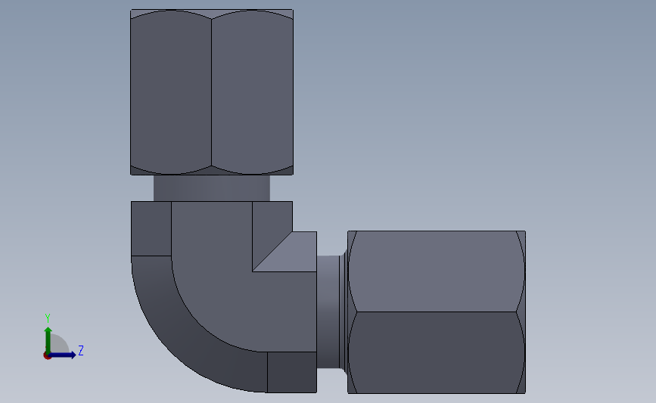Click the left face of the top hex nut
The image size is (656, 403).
pos(171,91)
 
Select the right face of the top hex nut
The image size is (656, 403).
pos(252,91)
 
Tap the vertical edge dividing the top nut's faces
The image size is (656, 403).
pos(211,91)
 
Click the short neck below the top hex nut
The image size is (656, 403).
pos(211,188)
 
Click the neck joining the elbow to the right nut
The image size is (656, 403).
pos(331,312)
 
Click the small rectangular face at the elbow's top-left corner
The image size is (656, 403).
pos(151,228)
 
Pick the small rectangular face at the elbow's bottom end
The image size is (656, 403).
pos(291,372)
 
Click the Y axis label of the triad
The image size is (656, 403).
pos(47,318)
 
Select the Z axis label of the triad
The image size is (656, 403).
pos(80,351)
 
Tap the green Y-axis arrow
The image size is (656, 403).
pos(48,336)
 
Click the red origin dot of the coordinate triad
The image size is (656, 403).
pos(48,355)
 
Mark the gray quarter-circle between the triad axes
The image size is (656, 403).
pos(58,346)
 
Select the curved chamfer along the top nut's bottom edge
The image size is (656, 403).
pos(211,172)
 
